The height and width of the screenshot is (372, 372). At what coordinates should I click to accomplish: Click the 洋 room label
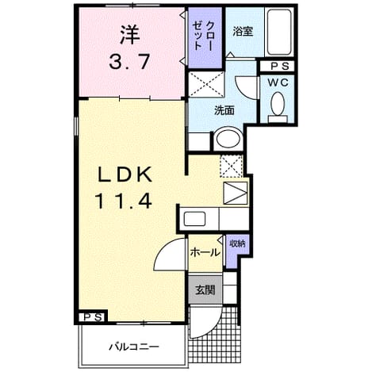click(130, 34)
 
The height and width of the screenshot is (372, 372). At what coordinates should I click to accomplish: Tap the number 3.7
click(129, 62)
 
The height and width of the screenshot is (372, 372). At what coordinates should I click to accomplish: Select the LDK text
click(125, 174)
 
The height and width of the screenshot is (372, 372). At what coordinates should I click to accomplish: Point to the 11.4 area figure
click(123, 201)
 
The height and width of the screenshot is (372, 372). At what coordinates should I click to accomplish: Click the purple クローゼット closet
click(205, 37)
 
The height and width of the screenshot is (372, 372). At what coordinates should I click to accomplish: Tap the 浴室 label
click(243, 32)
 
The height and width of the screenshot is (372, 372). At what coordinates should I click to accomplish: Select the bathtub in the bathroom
click(279, 32)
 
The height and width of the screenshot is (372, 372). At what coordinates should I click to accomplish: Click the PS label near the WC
click(280, 67)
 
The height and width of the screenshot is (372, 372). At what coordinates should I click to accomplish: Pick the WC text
click(278, 82)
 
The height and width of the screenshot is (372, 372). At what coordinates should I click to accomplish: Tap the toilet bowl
click(278, 104)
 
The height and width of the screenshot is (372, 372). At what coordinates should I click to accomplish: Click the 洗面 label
click(224, 110)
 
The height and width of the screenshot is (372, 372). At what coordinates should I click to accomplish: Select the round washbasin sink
click(228, 139)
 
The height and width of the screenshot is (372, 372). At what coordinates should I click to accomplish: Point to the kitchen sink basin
click(194, 219)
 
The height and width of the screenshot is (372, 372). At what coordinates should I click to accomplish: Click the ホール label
click(205, 252)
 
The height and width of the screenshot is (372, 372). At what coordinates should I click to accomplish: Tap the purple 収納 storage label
click(237, 244)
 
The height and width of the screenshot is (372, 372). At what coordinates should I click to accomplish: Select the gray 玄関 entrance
click(205, 290)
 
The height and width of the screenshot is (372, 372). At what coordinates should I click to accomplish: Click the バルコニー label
click(134, 347)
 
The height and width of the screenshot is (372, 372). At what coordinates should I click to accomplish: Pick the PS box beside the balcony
click(94, 317)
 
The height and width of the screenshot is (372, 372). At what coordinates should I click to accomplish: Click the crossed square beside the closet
click(206, 84)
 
